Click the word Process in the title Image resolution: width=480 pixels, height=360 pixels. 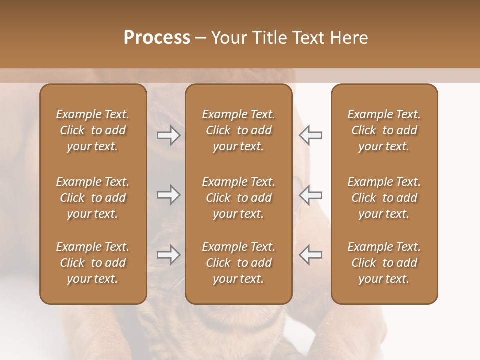(x=157, y=38)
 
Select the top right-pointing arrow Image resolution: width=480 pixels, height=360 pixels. (x=168, y=135)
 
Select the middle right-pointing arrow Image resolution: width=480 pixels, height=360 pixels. (x=168, y=195)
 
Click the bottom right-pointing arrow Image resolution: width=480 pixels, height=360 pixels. (x=168, y=255)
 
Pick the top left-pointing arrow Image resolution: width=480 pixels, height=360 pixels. (x=310, y=135)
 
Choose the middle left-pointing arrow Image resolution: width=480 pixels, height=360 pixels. (x=310, y=195)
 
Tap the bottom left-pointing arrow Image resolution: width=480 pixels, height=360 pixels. (x=310, y=255)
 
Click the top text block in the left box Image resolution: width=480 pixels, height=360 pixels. (x=93, y=130)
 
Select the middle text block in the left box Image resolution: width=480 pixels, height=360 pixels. (x=93, y=198)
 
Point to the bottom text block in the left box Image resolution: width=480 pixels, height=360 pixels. (x=93, y=263)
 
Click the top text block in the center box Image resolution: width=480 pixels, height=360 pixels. (x=238, y=130)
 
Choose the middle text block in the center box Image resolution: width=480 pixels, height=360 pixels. (x=238, y=198)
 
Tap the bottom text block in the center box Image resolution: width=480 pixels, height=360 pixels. (x=238, y=263)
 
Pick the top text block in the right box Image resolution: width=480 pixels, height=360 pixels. (x=384, y=130)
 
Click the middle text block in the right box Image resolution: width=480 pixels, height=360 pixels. (x=384, y=198)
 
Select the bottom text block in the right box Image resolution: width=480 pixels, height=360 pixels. (x=384, y=263)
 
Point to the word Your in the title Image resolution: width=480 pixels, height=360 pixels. (x=228, y=38)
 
